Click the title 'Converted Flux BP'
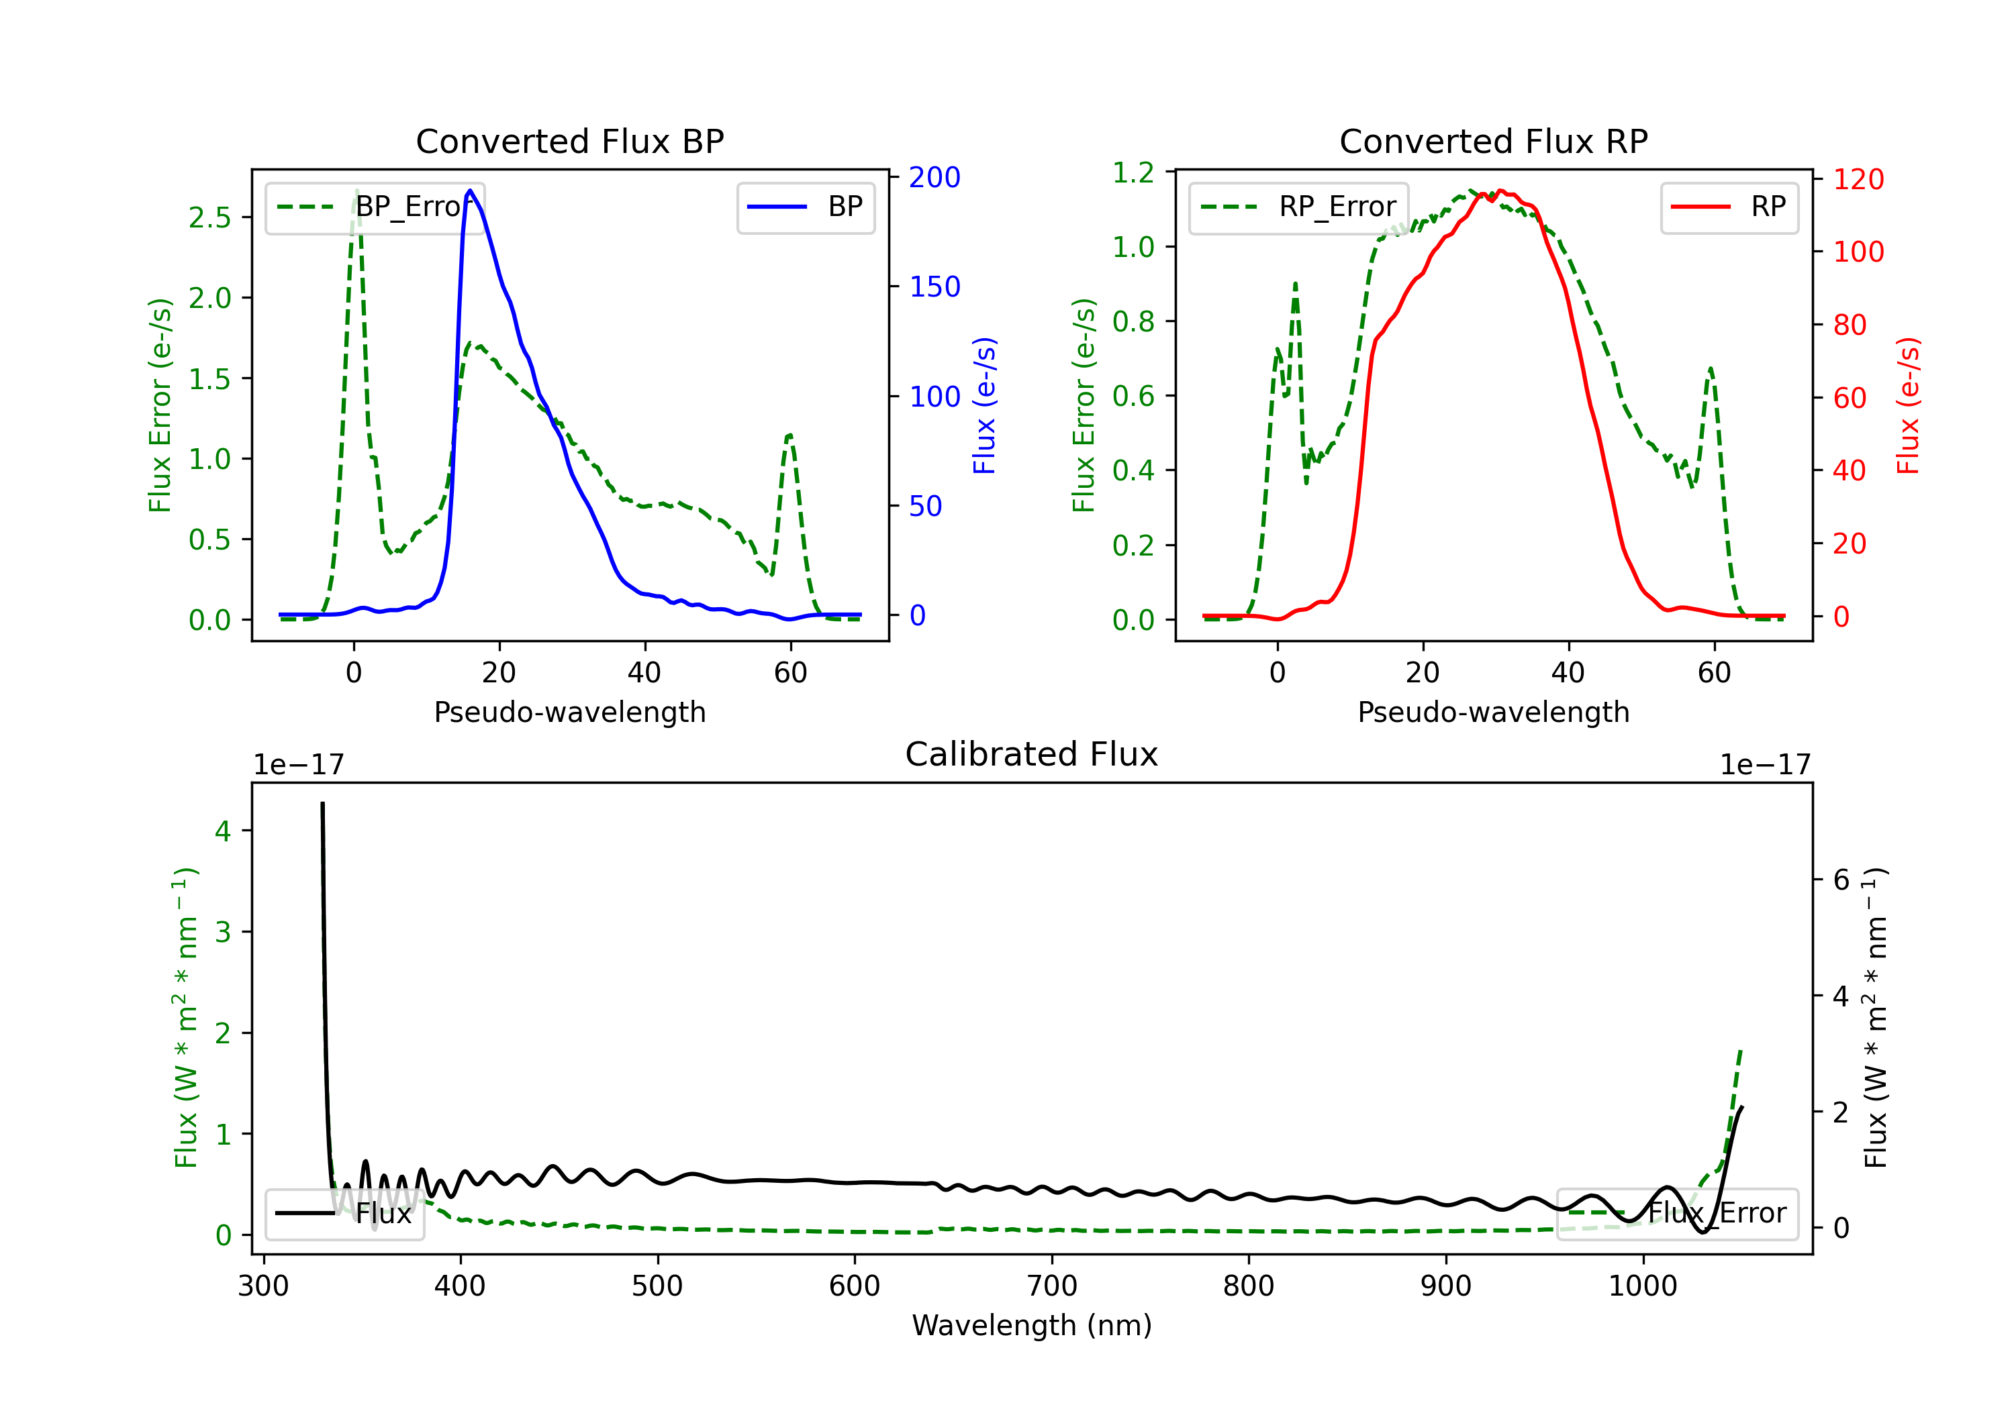pos(569,141)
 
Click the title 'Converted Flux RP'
pos(1493,141)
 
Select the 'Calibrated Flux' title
pos(1032,754)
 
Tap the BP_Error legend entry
pos(375,207)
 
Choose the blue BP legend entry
pos(805,207)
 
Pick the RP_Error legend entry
pos(1298,207)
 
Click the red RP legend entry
pos(1729,207)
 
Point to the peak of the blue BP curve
pos(470,191)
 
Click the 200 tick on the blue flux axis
pos(934,177)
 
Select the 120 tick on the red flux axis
pos(1858,180)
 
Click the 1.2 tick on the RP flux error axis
pos(1133,172)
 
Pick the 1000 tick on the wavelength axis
pos(1643,1286)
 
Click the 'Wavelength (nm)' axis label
pos(1032,1325)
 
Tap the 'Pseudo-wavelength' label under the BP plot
pos(570,712)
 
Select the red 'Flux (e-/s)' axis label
pos(1908,406)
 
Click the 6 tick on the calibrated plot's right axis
pos(1841,880)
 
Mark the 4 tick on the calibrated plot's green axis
pos(223,831)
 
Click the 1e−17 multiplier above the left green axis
pos(298,765)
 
